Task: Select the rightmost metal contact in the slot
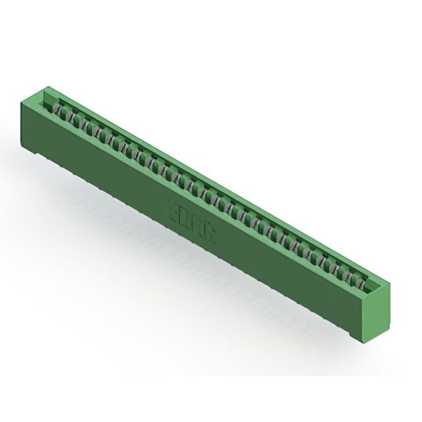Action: coord(361,284)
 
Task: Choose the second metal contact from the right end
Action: coord(351,279)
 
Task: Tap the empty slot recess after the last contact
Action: coord(371,289)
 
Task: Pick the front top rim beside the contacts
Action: coord(198,191)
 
